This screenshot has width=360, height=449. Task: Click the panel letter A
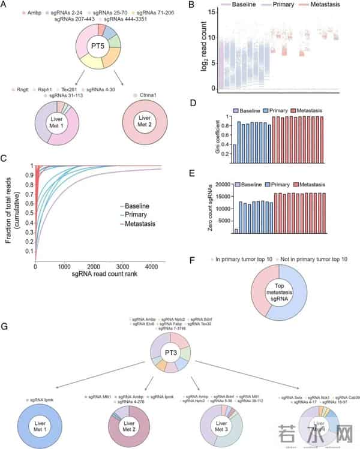coord(5,6)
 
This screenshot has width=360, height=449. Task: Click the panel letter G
coord(5,327)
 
